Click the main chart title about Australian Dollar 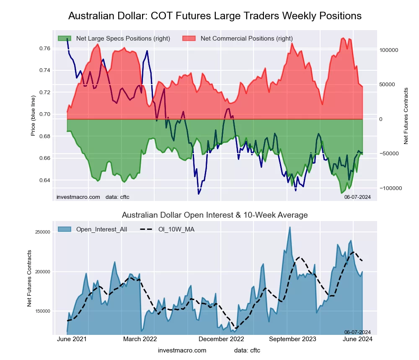(x=215, y=16)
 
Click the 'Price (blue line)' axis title (x=34, y=116)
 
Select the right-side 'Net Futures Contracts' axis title (x=406, y=116)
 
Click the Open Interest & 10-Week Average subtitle (x=215, y=215)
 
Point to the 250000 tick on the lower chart (x=41, y=232)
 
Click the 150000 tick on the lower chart (x=41, y=311)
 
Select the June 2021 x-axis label (x=71, y=339)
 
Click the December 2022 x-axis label (x=221, y=339)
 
